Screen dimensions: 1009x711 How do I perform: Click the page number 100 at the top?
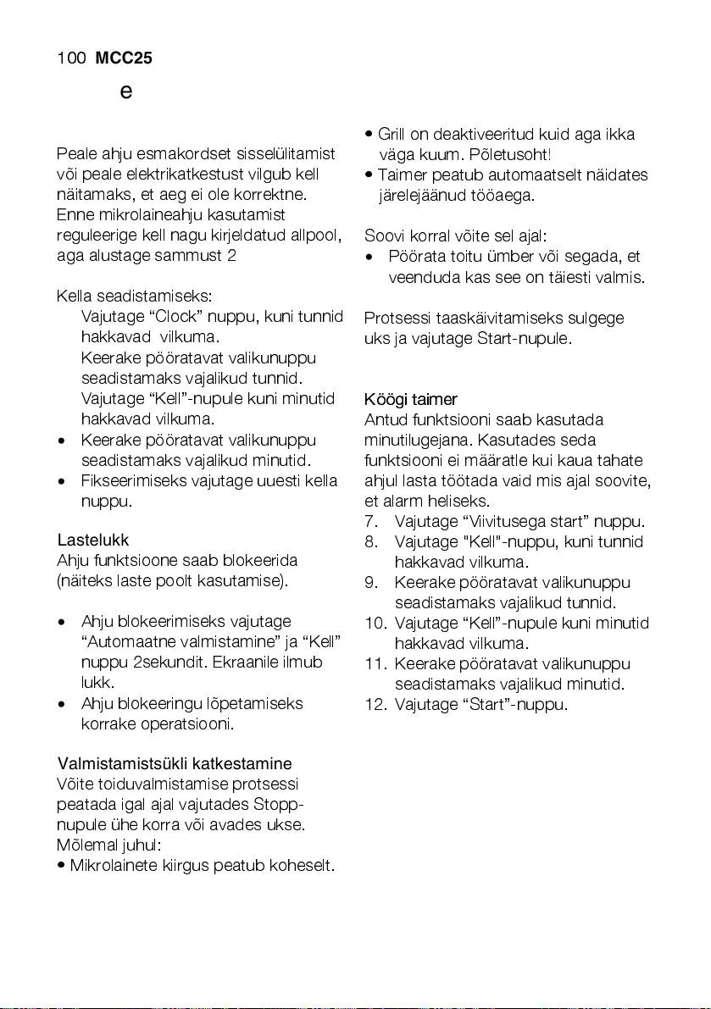[70, 58]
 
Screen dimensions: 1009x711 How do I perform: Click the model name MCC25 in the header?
[124, 58]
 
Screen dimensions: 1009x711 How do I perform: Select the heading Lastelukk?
[92, 540]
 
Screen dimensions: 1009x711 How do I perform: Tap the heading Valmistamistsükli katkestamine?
[175, 764]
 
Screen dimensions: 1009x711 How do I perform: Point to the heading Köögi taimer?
[410, 399]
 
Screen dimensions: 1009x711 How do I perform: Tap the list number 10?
[375, 624]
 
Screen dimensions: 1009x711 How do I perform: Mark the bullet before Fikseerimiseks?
[61, 481]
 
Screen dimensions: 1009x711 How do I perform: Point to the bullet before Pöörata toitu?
[369, 257]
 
